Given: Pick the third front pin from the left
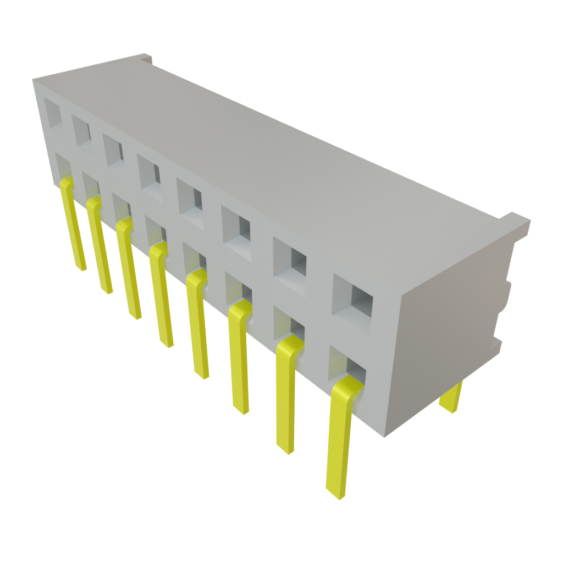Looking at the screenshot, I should click(x=130, y=269).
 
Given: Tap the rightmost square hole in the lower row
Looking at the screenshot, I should click(x=347, y=366).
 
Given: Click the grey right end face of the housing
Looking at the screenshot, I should click(x=445, y=341).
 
